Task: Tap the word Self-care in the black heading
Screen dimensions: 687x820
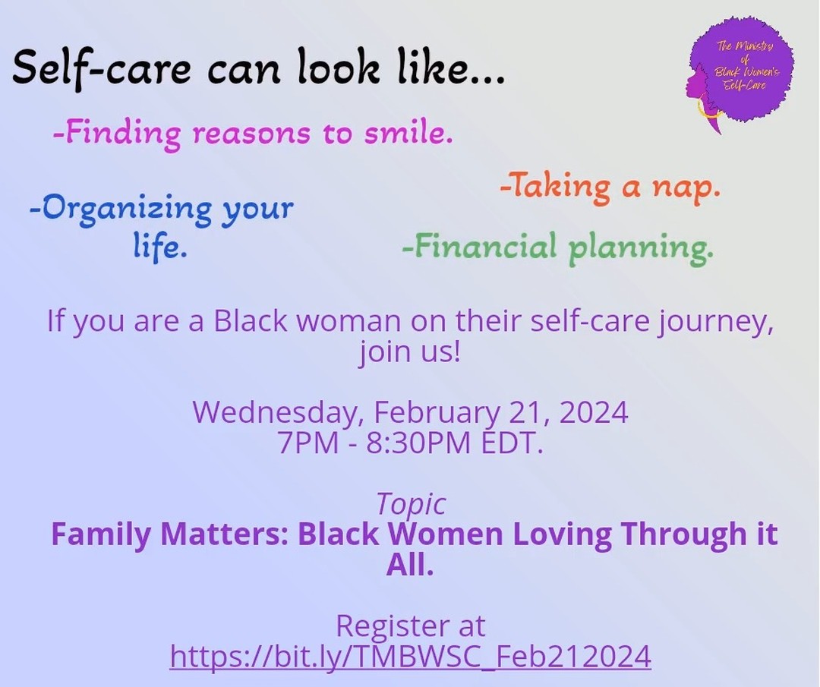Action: [86, 71]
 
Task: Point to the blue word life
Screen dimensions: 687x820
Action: [160, 248]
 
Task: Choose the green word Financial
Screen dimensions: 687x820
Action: [480, 247]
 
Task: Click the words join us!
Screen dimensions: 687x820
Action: [409, 353]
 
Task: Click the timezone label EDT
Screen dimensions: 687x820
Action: [512, 443]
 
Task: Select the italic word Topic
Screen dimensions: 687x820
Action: [411, 504]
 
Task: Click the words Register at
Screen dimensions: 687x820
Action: [410, 626]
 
